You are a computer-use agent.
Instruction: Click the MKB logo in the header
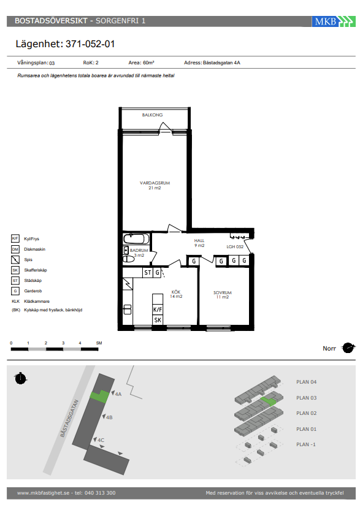334,21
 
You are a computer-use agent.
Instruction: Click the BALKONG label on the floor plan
152,115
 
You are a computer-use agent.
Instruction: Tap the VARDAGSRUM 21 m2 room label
155,185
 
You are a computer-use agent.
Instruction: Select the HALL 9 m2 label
199,243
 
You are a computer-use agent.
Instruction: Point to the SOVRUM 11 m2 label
223,295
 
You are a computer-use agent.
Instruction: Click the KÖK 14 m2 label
176,294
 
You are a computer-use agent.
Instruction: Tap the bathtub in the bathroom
137,238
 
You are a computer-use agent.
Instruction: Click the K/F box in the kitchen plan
158,310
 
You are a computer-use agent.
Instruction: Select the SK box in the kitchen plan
158,320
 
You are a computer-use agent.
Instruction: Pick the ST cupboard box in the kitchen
148,273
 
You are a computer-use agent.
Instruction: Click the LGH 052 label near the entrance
235,246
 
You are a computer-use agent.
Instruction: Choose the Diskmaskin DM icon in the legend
15,249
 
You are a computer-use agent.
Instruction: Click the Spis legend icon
15,260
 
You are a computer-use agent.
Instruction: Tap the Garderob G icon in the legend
15,291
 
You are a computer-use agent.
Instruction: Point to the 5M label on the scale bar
99,343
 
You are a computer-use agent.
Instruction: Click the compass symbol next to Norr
348,348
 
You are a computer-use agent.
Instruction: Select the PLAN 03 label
306,398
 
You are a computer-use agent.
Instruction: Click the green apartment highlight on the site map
100,397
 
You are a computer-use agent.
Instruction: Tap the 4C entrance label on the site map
101,440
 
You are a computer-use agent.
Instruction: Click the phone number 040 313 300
100,493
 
